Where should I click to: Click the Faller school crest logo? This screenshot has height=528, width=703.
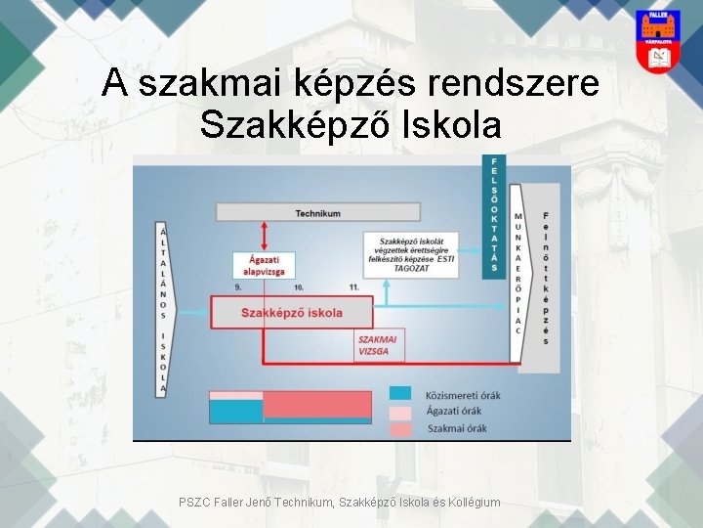658,40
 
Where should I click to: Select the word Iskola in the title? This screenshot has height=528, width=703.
446,124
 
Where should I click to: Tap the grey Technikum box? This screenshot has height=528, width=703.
318,213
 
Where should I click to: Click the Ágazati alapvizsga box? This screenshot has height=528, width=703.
265,265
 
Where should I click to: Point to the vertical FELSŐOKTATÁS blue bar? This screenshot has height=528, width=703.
495,214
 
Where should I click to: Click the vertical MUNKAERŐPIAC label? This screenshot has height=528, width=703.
517,274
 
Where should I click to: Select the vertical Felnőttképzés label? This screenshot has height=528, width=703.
545,278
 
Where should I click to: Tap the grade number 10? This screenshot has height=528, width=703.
298,287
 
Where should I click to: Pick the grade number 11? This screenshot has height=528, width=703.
352,287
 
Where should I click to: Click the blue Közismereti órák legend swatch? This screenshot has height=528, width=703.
400,394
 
